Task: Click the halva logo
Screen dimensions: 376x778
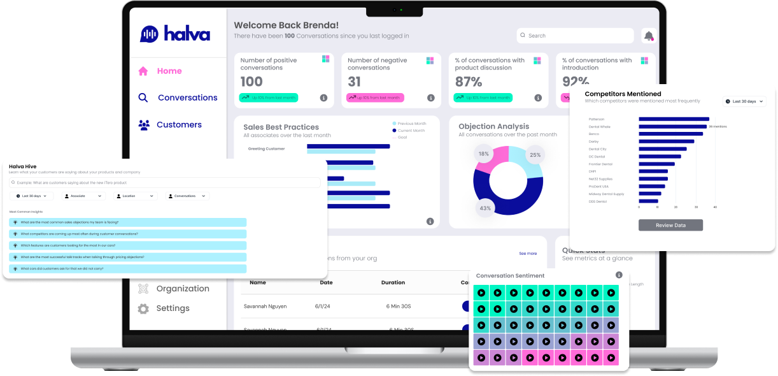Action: (174, 34)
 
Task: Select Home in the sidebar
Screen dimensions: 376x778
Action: (169, 71)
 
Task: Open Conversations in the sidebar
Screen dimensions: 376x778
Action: (187, 98)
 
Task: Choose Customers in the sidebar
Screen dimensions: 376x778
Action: (178, 125)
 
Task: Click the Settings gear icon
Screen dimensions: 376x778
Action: (143, 308)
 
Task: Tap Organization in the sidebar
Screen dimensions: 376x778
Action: (182, 289)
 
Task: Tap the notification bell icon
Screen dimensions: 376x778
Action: (648, 36)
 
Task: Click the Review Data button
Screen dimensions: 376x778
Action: (670, 225)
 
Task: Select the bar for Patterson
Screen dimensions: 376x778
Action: (674, 119)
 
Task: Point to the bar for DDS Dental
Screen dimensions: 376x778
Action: (648, 201)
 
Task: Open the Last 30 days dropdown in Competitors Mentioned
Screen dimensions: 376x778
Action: (744, 101)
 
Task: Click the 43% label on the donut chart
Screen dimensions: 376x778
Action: (485, 208)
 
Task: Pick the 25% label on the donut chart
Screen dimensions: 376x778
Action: (535, 155)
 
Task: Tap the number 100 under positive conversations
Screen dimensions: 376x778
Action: (251, 82)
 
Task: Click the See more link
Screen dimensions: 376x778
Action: (527, 254)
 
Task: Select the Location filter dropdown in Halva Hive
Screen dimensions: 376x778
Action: (135, 196)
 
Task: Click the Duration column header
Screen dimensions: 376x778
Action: (393, 282)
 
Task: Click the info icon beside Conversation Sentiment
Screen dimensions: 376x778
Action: (618, 275)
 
